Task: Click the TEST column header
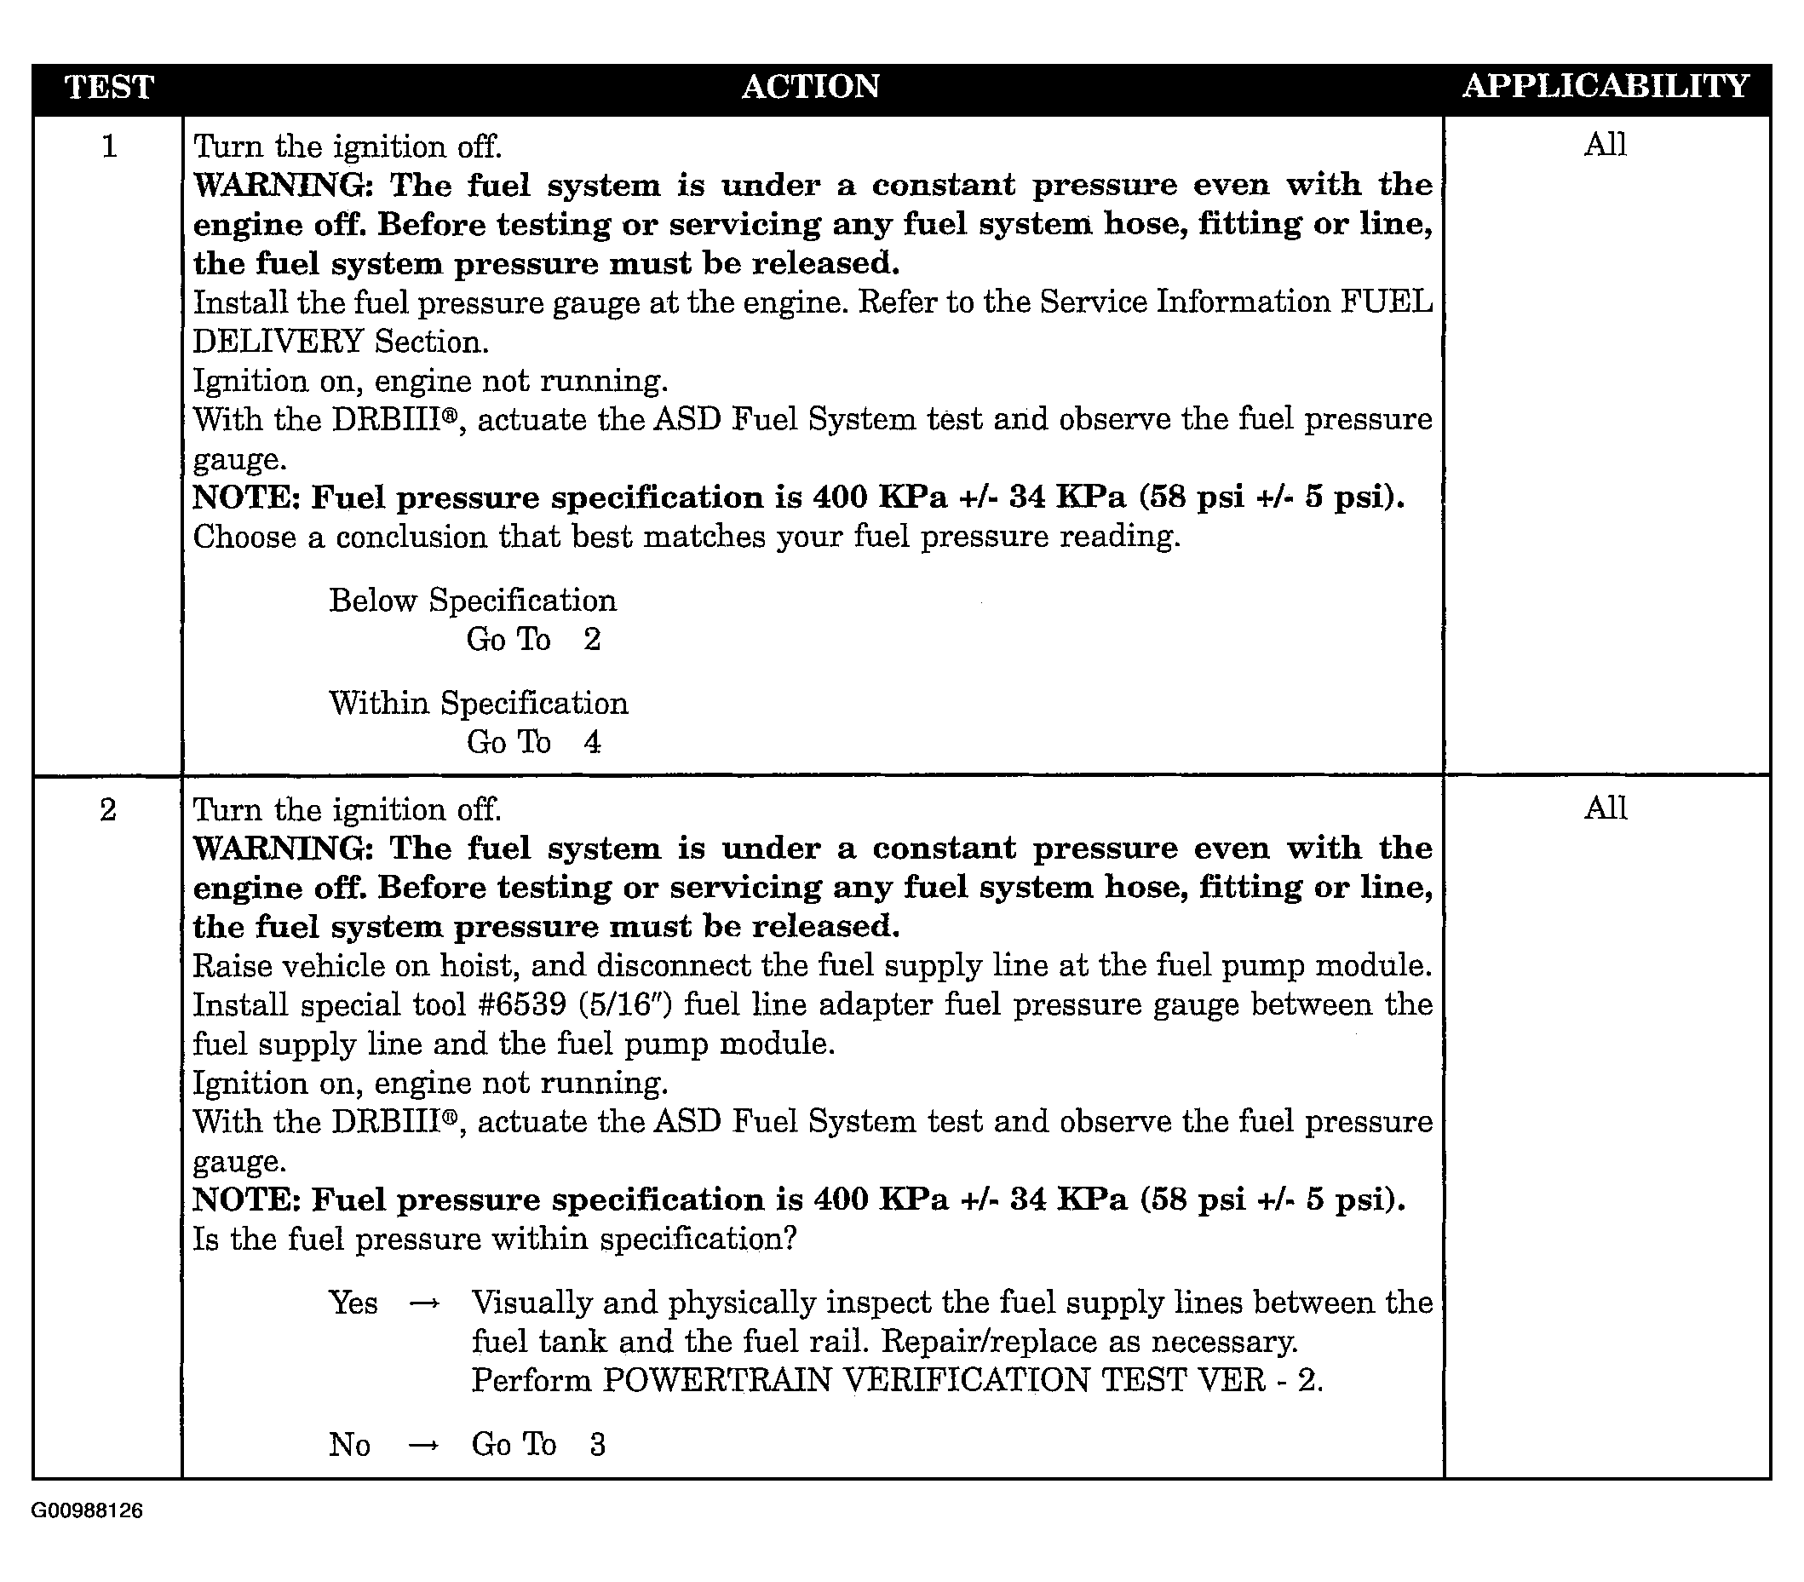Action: pyautogui.click(x=109, y=88)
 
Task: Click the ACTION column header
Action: pyautogui.click(x=810, y=87)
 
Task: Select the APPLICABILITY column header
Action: pyautogui.click(x=1605, y=86)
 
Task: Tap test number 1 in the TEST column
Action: pyautogui.click(x=109, y=146)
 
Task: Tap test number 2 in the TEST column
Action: pyautogui.click(x=107, y=809)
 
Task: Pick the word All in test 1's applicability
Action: pyautogui.click(x=1605, y=145)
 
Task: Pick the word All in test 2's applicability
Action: pyautogui.click(x=1605, y=808)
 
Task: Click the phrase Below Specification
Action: pyautogui.click(x=472, y=601)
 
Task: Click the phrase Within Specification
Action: pyautogui.click(x=479, y=704)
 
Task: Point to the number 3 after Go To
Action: pyautogui.click(x=598, y=1445)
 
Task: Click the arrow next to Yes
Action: pyautogui.click(x=424, y=1304)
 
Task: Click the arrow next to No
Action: pyautogui.click(x=424, y=1446)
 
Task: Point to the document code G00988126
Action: pyautogui.click(x=87, y=1510)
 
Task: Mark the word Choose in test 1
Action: pyautogui.click(x=244, y=537)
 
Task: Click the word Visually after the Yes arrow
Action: pyautogui.click(x=531, y=1303)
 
